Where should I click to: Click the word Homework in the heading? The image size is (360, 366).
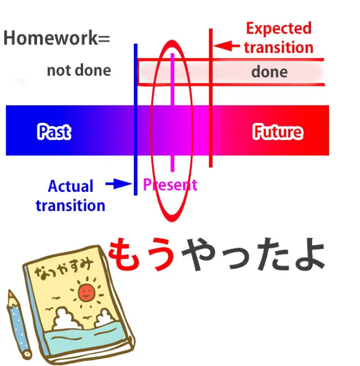point(51,38)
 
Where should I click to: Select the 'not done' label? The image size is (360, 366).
point(79,71)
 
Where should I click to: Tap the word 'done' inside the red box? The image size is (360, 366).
point(269,71)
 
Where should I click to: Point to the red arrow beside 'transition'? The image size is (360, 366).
point(226,46)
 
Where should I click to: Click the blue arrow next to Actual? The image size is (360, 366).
point(119,184)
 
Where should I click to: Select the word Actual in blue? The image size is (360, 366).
point(70,186)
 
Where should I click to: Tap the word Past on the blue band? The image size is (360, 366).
point(54,132)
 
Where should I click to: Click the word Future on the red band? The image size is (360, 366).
point(278,132)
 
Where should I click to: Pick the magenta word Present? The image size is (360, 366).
point(170,185)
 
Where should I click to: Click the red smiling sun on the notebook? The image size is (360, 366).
point(87,292)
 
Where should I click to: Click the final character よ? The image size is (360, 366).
point(310,254)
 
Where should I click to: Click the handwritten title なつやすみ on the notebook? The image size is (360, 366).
point(63,269)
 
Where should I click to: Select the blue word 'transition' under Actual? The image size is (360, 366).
point(70,206)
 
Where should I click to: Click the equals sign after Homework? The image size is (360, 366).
point(104,39)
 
